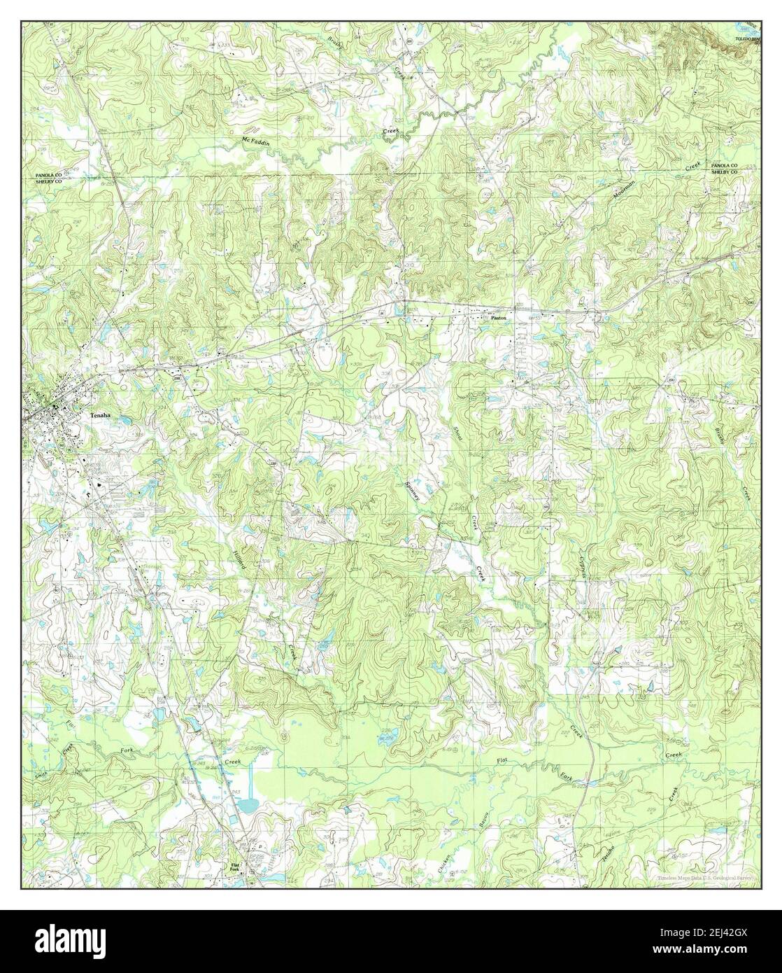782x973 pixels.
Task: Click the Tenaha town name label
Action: pyautogui.click(x=101, y=415)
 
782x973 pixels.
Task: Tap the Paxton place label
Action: pyautogui.click(x=497, y=317)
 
